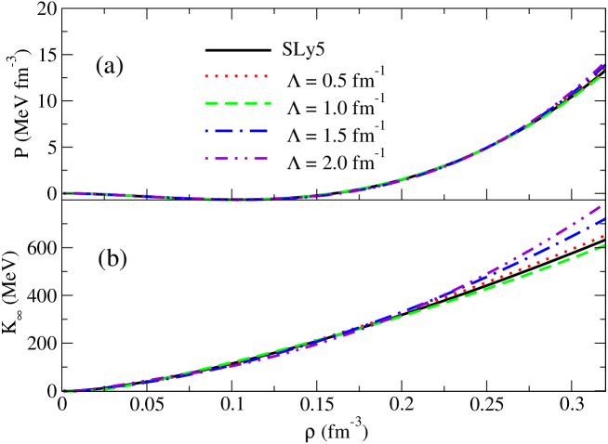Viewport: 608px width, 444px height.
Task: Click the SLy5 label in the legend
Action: tap(302, 49)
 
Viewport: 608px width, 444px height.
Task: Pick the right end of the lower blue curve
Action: tap(605, 219)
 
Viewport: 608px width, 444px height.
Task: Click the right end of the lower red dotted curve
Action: tap(605, 236)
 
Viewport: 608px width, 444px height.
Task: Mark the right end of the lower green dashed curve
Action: tap(605, 244)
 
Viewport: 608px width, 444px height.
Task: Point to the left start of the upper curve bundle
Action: tap(65, 193)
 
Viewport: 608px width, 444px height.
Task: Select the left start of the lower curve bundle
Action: tap(65, 391)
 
